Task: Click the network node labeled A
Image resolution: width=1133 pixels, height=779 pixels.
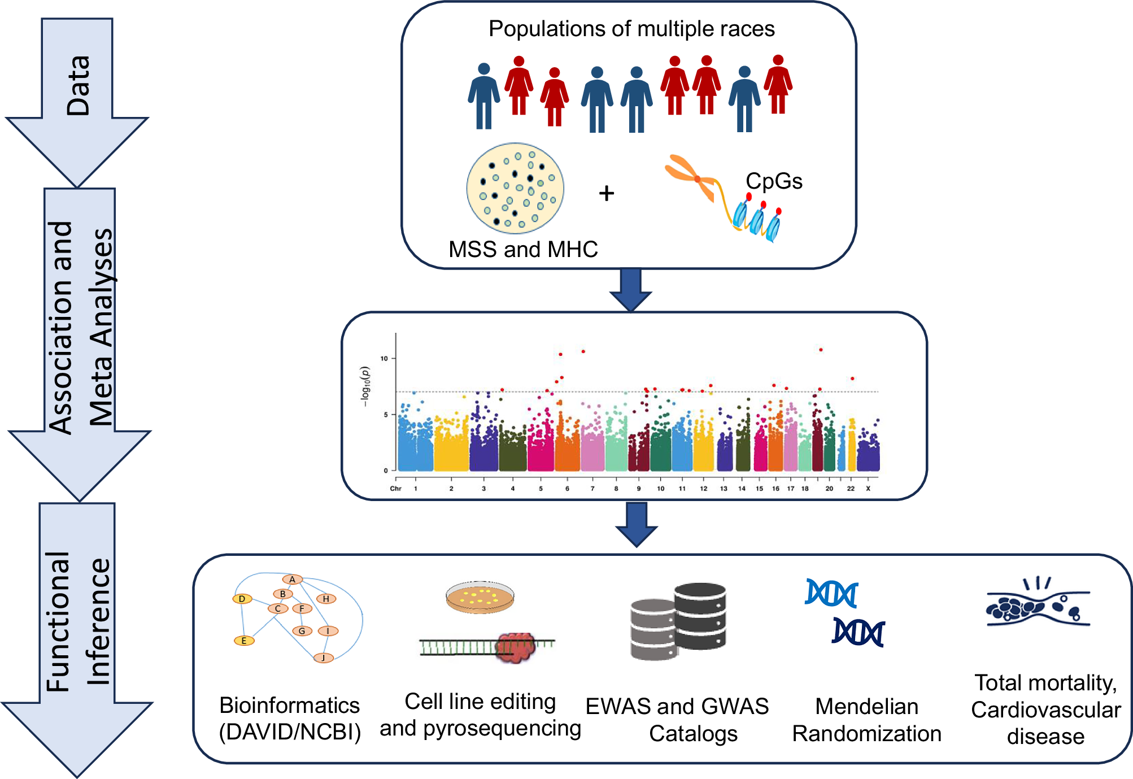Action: point(292,580)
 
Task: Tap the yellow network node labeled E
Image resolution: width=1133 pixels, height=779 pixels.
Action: point(244,641)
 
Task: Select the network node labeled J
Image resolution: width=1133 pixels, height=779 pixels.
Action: point(323,658)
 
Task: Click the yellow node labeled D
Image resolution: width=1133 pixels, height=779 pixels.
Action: point(242,599)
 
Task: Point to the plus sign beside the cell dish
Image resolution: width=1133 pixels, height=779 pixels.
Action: point(606,193)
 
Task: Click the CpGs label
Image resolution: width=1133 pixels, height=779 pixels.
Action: point(774,181)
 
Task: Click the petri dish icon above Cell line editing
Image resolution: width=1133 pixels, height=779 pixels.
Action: point(480,597)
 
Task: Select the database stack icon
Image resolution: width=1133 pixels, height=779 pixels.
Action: point(678,621)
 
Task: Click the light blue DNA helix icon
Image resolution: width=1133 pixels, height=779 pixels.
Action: point(831,593)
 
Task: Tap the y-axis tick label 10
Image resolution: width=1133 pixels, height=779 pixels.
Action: point(384,358)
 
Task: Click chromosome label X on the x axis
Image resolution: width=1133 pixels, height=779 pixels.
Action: point(868,489)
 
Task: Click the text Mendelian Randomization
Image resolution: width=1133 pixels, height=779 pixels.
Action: point(866,720)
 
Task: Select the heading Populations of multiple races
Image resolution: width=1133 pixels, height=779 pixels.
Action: point(631,29)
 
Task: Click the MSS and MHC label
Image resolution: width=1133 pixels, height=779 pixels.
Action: point(523,249)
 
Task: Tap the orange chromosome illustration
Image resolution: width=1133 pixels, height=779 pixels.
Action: point(692,178)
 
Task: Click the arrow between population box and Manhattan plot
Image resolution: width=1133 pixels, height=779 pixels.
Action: point(631,289)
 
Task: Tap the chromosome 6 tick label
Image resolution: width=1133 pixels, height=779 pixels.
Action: point(567,489)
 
